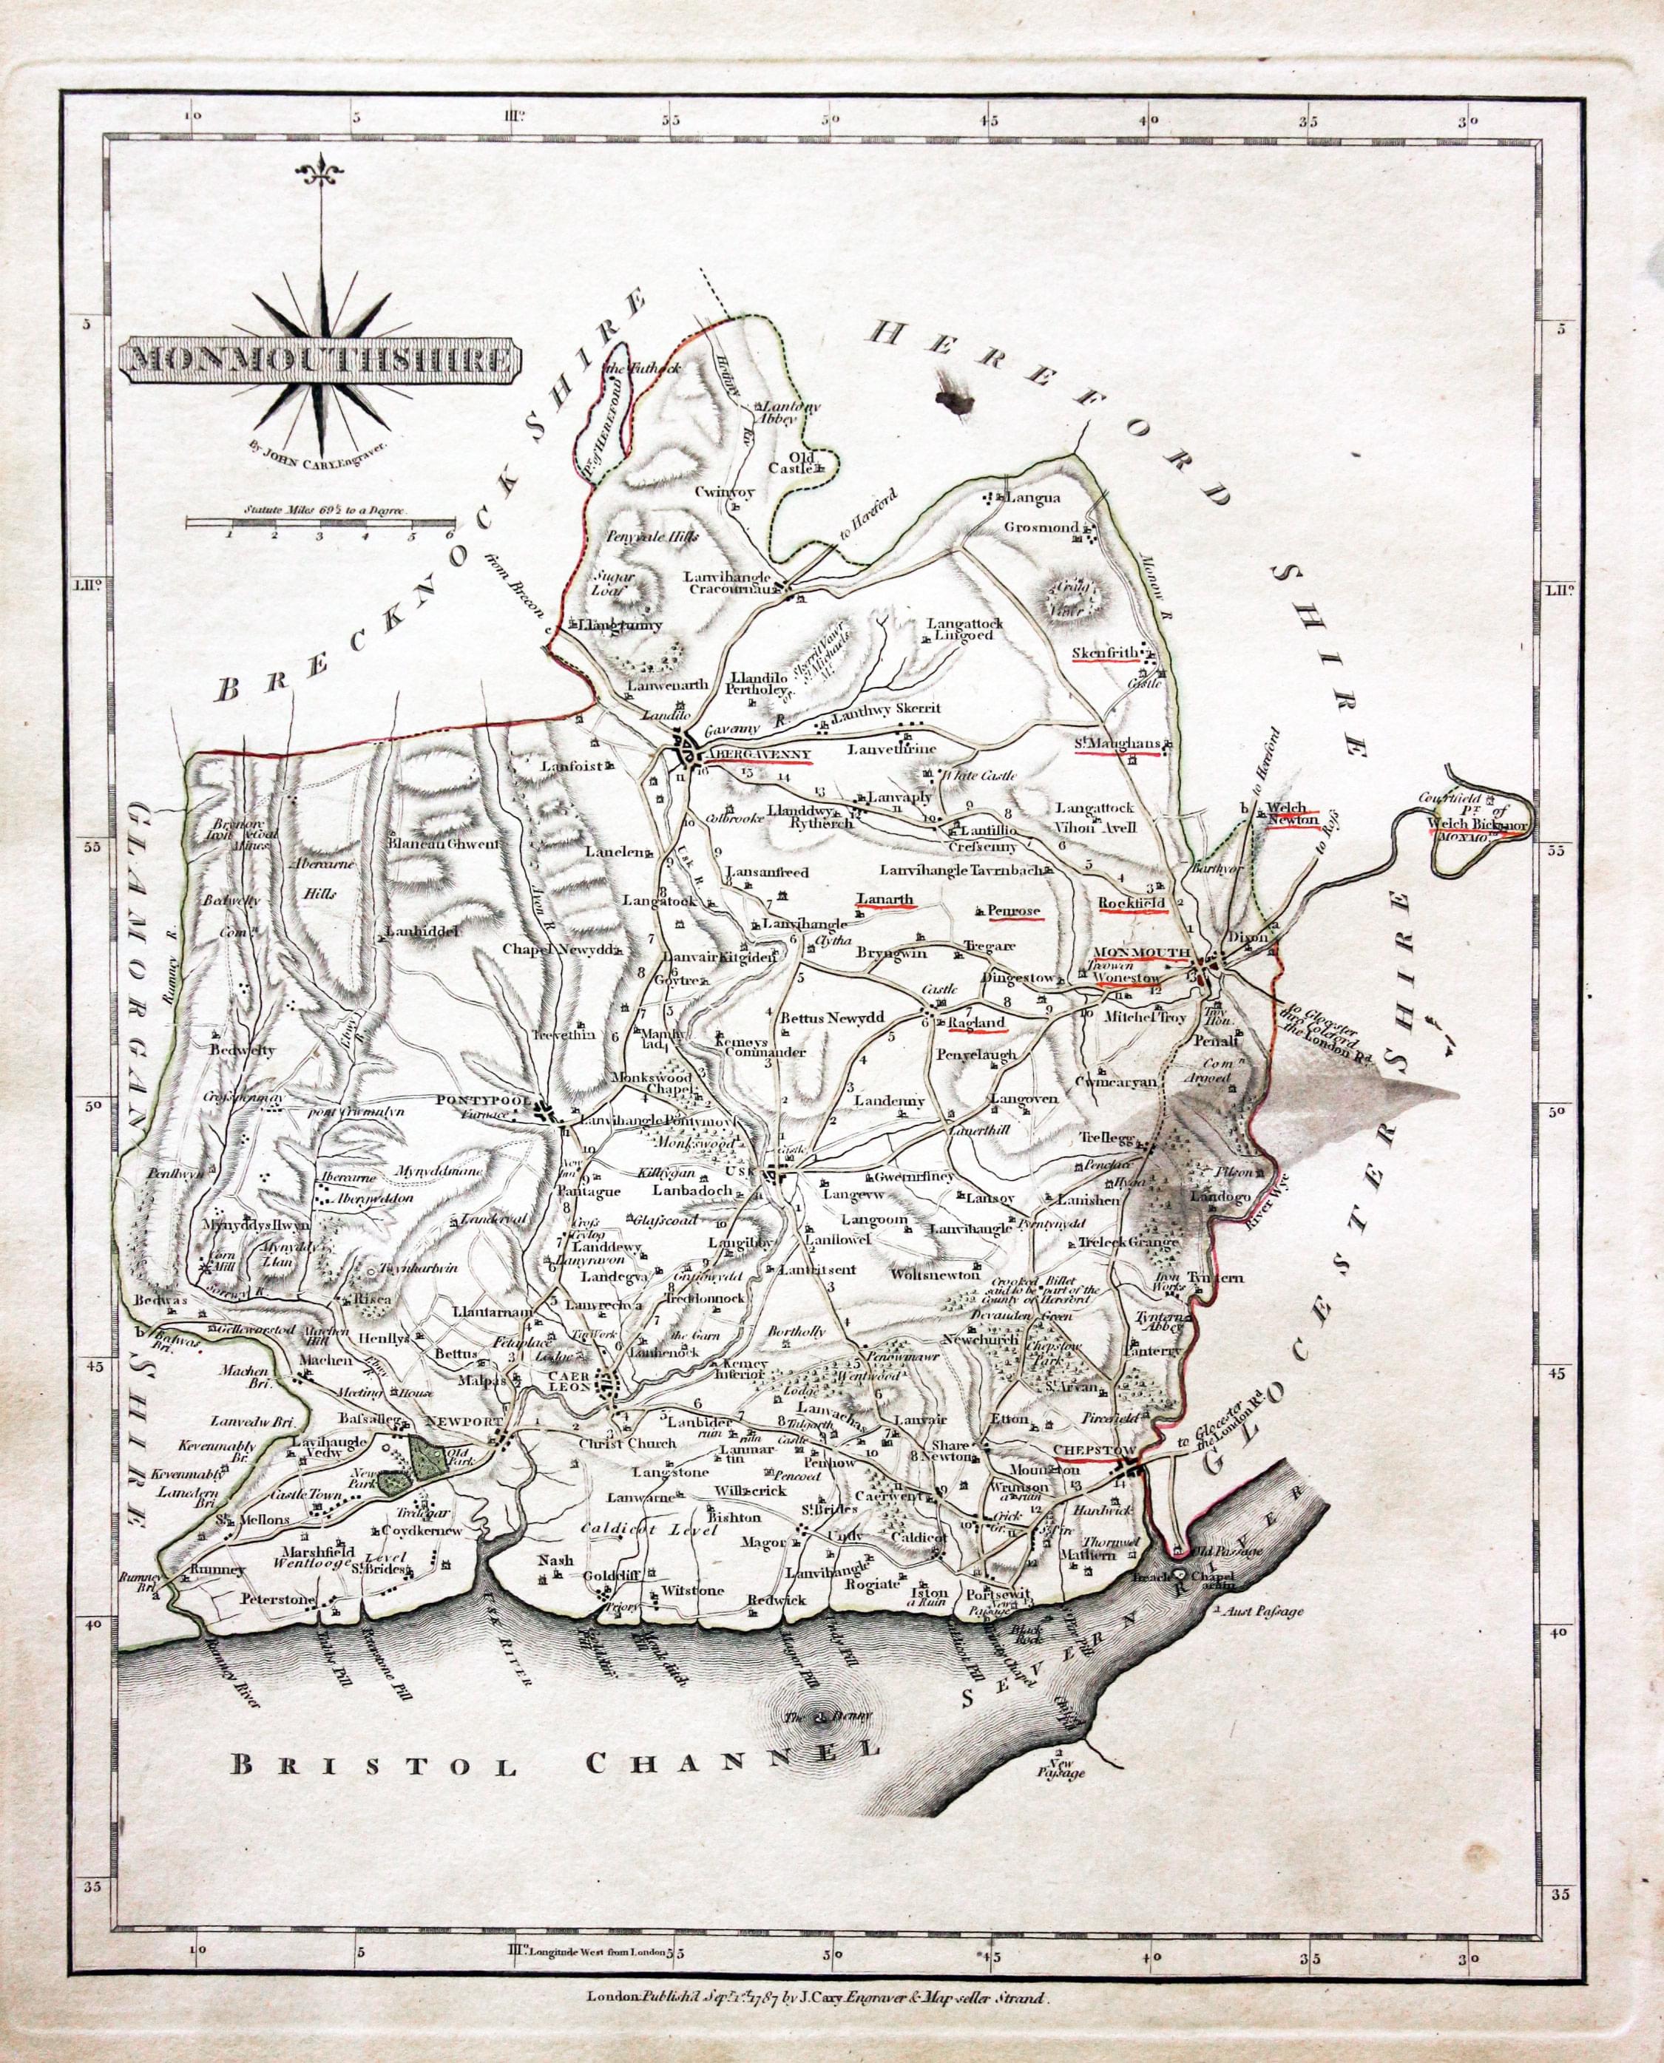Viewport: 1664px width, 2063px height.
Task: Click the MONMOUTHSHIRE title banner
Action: [320, 360]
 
